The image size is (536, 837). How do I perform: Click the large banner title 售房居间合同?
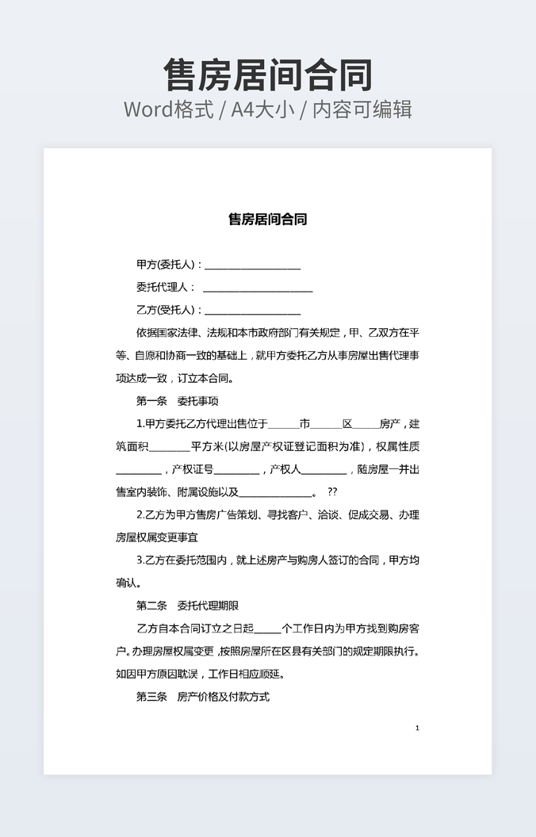click(x=268, y=75)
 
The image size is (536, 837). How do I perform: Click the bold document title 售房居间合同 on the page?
click(x=268, y=219)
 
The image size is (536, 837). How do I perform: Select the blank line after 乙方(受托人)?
click(x=253, y=311)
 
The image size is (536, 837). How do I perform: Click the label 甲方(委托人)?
click(x=169, y=265)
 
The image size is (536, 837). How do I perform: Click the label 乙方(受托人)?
click(x=169, y=310)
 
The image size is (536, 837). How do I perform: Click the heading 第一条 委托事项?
click(x=183, y=401)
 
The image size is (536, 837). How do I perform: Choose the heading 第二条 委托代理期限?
click(x=188, y=606)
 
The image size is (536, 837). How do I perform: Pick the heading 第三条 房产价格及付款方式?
click(x=203, y=697)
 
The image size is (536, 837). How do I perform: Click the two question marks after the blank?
click(x=332, y=492)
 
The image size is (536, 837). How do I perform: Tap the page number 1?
click(x=417, y=728)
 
